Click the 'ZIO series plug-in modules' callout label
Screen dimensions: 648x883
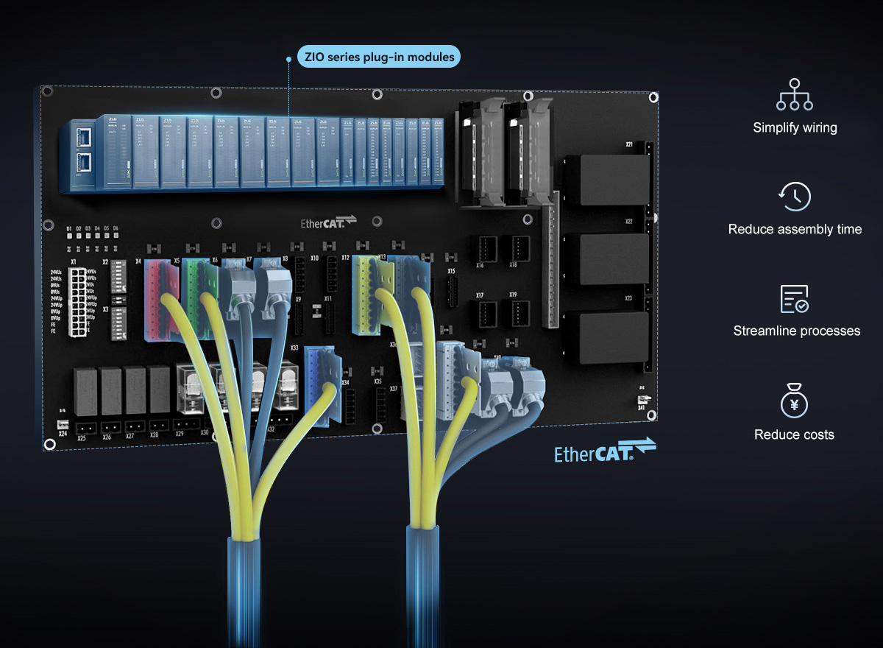tap(379, 57)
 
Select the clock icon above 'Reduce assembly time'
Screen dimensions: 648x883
tap(795, 197)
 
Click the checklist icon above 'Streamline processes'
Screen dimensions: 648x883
tap(795, 299)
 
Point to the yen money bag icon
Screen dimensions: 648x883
tap(795, 401)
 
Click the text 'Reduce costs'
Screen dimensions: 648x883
tap(794, 434)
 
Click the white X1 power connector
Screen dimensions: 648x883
tap(78, 301)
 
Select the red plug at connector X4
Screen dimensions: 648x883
tap(160, 298)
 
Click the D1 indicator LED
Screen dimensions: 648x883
tap(69, 236)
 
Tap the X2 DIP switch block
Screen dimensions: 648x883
tap(118, 277)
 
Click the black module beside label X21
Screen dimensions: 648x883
tap(606, 180)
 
